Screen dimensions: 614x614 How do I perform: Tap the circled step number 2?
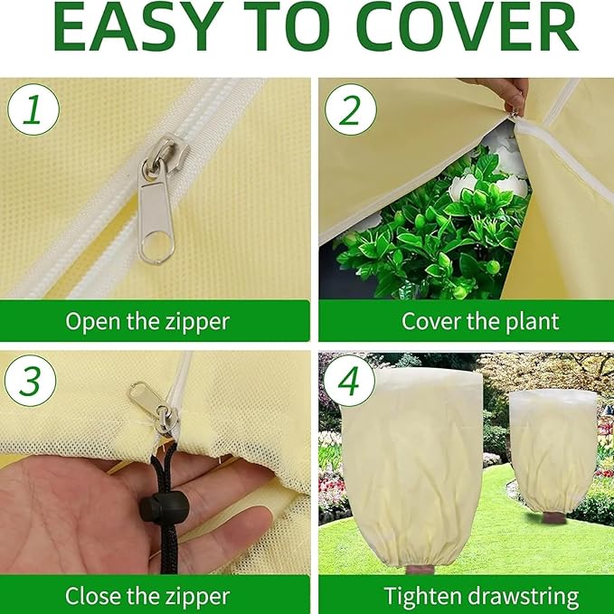tap(350, 111)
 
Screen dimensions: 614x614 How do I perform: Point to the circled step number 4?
tap(350, 383)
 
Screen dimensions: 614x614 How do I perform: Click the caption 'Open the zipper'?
tap(147, 321)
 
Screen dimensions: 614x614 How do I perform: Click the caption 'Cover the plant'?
tap(480, 321)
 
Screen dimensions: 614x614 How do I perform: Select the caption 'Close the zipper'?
tap(147, 596)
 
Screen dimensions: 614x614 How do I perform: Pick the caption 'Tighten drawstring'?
tap(481, 596)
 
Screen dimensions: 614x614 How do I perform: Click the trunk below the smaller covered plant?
tap(552, 519)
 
